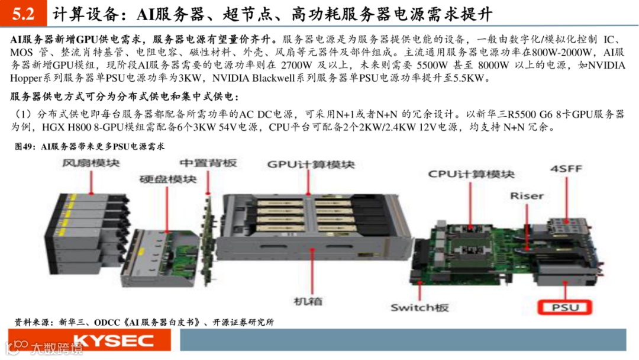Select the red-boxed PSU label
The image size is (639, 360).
pos(565,307)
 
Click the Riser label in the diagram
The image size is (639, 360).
pos(527,196)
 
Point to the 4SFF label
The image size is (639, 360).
pos(566,168)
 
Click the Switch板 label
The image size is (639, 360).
pos(419,307)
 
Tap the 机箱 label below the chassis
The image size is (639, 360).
pos(308,301)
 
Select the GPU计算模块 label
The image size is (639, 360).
pos(311,164)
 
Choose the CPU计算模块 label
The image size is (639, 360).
pos(471,174)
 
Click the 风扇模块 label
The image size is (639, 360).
pos(91,163)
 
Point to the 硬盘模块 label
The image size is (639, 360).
pos(168,179)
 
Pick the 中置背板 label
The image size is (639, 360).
pos(208,163)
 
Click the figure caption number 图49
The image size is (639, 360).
pos(24,146)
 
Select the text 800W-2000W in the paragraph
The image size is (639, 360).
pos(561,52)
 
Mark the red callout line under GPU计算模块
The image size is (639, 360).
pos(308,182)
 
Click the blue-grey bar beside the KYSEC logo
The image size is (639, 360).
pos(403,339)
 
